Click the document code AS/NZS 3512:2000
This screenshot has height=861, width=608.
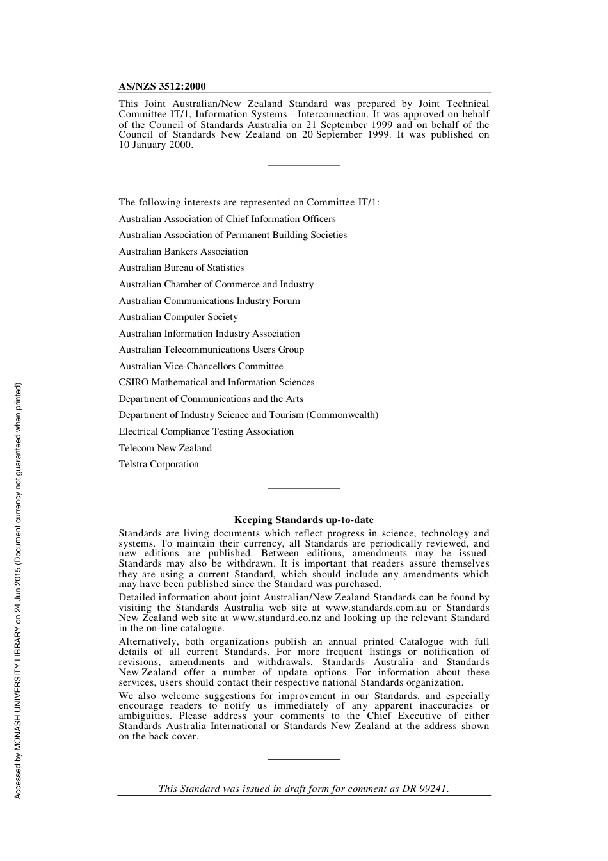[162, 86]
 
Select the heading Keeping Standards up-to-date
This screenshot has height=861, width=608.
[303, 520]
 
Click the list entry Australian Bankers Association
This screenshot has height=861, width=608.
[183, 252]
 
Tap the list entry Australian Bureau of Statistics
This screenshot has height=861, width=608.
[181, 268]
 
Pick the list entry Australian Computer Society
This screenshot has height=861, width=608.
[178, 317]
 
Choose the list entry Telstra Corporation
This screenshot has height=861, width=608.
[159, 464]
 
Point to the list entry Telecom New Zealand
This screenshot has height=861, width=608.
[165, 448]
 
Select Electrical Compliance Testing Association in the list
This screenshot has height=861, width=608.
[206, 431]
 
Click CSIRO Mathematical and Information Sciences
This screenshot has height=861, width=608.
[216, 382]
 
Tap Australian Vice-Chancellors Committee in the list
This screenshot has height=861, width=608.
[200, 366]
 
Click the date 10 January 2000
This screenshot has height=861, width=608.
[155, 145]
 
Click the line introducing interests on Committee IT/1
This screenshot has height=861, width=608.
[248, 202]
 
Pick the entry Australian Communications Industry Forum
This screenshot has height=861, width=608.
[209, 301]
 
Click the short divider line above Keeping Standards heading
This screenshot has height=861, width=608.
[304, 488]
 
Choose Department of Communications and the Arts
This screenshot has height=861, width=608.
[211, 399]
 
